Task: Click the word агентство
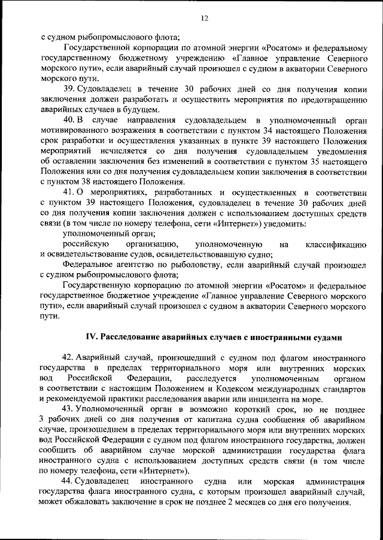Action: tap(137, 265)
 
